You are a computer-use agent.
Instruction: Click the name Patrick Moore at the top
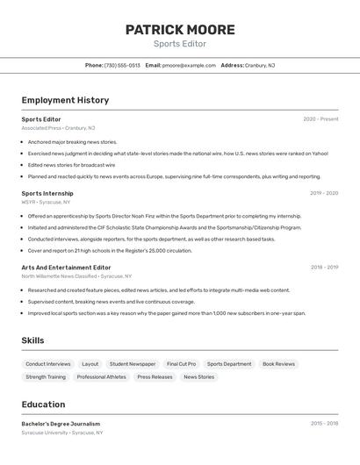click(180, 30)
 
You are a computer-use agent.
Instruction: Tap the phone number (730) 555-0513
click(122, 65)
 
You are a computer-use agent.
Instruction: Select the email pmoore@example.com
click(189, 65)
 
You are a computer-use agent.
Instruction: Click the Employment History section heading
click(65, 100)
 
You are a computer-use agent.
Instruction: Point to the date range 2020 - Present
click(320, 119)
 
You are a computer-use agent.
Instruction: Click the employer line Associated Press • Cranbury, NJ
click(55, 128)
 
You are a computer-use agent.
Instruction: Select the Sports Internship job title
click(47, 193)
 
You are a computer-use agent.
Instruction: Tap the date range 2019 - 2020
click(323, 193)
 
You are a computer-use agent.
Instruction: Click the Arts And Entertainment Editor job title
click(67, 267)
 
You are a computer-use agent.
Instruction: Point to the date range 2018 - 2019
click(323, 267)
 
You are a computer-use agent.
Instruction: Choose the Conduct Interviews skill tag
click(48, 363)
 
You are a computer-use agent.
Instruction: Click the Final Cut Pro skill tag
click(182, 363)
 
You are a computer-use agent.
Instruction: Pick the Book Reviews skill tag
click(278, 363)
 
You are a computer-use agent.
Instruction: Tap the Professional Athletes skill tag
click(101, 377)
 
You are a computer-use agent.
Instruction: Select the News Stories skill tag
click(198, 377)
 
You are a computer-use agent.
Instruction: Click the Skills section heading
click(32, 340)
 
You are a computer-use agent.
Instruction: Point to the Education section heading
click(43, 404)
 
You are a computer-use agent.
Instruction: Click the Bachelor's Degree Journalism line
click(61, 424)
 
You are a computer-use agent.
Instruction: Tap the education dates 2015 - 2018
click(323, 424)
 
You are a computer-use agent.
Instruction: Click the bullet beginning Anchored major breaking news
click(72, 141)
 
